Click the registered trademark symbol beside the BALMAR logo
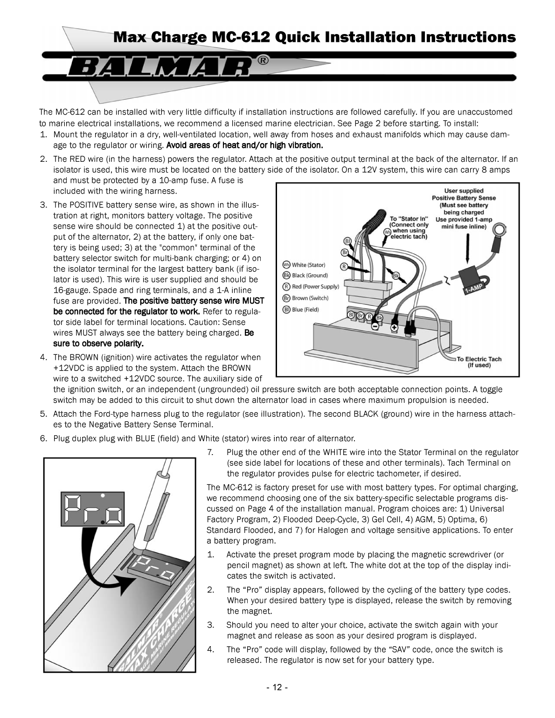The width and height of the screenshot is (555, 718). pyautogui.click(x=263, y=61)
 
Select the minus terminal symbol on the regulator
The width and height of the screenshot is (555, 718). pyautogui.click(x=375, y=327)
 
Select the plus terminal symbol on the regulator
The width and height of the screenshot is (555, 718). pyautogui.click(x=394, y=328)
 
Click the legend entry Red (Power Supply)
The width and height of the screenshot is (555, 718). pyautogui.click(x=311, y=286)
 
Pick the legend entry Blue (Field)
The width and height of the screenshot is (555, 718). pyautogui.click(x=300, y=310)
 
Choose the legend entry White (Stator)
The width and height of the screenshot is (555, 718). pyautogui.click(x=304, y=265)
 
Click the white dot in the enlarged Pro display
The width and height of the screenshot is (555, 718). pyautogui.click(x=103, y=495)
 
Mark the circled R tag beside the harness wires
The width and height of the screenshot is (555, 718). pyautogui.click(x=344, y=266)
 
